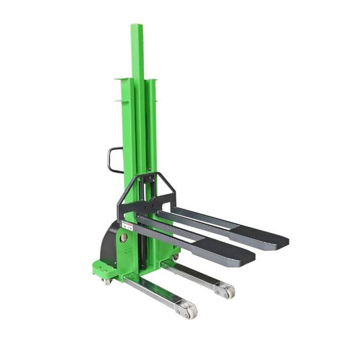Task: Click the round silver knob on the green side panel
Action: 124,238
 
